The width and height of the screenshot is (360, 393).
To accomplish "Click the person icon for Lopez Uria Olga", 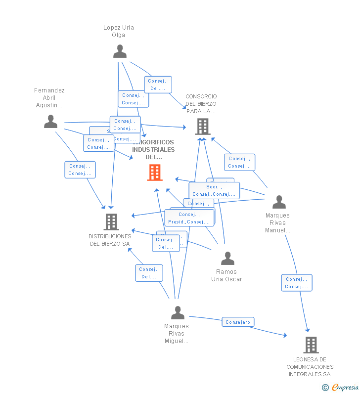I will [x=120, y=51].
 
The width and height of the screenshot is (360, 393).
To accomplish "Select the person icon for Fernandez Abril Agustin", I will [x=50, y=121].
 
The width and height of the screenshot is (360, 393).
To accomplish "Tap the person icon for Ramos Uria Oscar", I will [x=227, y=258].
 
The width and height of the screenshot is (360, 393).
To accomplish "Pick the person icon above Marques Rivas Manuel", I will [x=279, y=202].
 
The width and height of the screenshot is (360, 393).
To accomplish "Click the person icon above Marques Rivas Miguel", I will [x=178, y=312].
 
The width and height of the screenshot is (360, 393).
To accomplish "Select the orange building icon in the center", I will [x=155, y=173].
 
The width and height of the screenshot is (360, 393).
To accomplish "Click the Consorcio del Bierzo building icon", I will [x=202, y=127].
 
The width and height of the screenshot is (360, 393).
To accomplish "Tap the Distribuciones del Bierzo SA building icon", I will [x=111, y=222].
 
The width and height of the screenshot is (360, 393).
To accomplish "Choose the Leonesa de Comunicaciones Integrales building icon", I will [x=311, y=345].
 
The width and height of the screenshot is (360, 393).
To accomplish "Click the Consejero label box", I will [x=238, y=322].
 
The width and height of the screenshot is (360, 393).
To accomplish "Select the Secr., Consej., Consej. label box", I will [x=214, y=190].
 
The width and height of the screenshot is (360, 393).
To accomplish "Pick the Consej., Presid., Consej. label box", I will [x=189, y=218].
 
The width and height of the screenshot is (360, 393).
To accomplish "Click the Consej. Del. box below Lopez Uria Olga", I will [x=158, y=85].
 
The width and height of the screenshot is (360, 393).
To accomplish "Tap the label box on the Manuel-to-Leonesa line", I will [x=297, y=283].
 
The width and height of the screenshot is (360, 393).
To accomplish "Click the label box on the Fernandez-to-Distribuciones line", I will [x=80, y=170].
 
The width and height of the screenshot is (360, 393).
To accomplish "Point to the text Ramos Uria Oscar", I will [x=226, y=275].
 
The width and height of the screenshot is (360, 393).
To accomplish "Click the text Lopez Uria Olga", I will [x=119, y=31].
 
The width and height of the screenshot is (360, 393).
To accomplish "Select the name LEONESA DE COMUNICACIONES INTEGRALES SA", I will [x=310, y=367].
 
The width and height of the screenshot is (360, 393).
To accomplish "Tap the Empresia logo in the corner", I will [x=341, y=387].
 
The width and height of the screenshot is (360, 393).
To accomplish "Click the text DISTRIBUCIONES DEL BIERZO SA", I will [x=110, y=240].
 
